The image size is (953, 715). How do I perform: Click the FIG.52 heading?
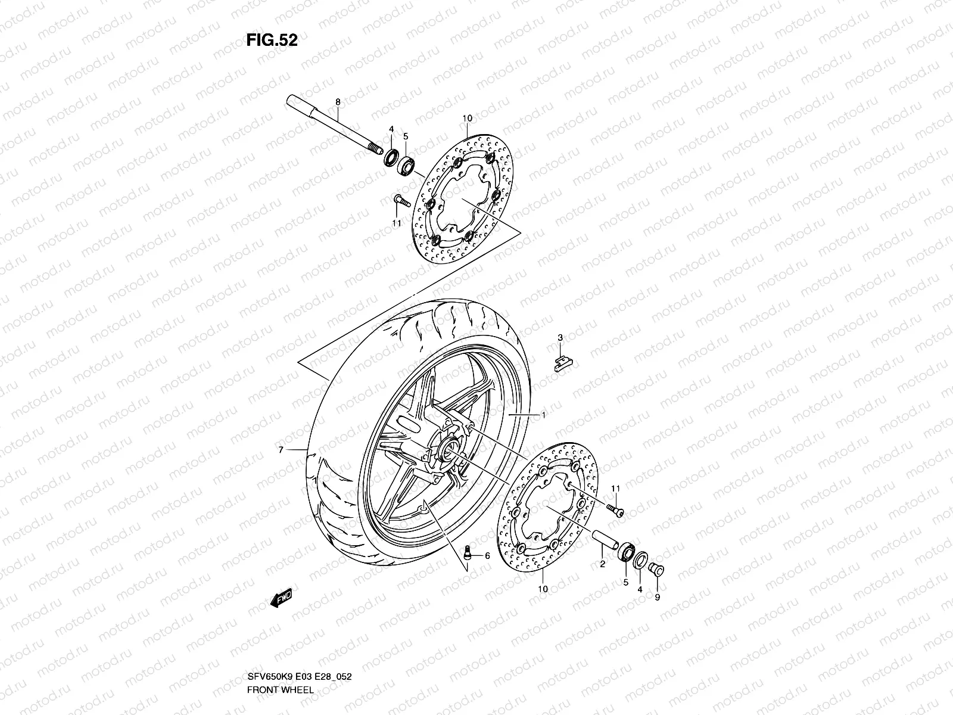[272, 41]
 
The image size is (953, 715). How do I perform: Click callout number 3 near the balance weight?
[560, 338]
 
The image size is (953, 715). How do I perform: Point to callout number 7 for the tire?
[281, 450]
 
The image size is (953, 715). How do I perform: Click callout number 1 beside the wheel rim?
[543, 414]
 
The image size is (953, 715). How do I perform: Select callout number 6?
[487, 556]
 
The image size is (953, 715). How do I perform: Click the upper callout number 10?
[466, 119]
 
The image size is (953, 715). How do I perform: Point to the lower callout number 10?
[543, 589]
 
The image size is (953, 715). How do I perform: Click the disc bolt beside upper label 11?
[400, 201]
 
